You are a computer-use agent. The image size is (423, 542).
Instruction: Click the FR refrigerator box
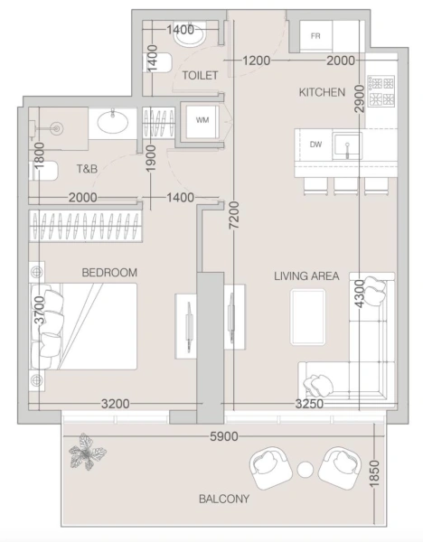coord(315,36)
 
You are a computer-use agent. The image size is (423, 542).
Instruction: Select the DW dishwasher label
coord(315,144)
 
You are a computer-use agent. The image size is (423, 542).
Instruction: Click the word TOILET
coord(200,76)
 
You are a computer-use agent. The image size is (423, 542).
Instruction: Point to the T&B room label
coord(88,168)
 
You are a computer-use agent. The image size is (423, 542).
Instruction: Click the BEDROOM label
coord(108,272)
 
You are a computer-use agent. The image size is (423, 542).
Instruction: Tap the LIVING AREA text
coord(306,276)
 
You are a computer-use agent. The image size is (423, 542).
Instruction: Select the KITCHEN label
coord(323,92)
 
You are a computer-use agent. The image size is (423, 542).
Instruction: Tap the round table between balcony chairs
coord(305,470)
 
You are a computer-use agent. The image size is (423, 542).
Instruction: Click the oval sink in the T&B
coord(112,124)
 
